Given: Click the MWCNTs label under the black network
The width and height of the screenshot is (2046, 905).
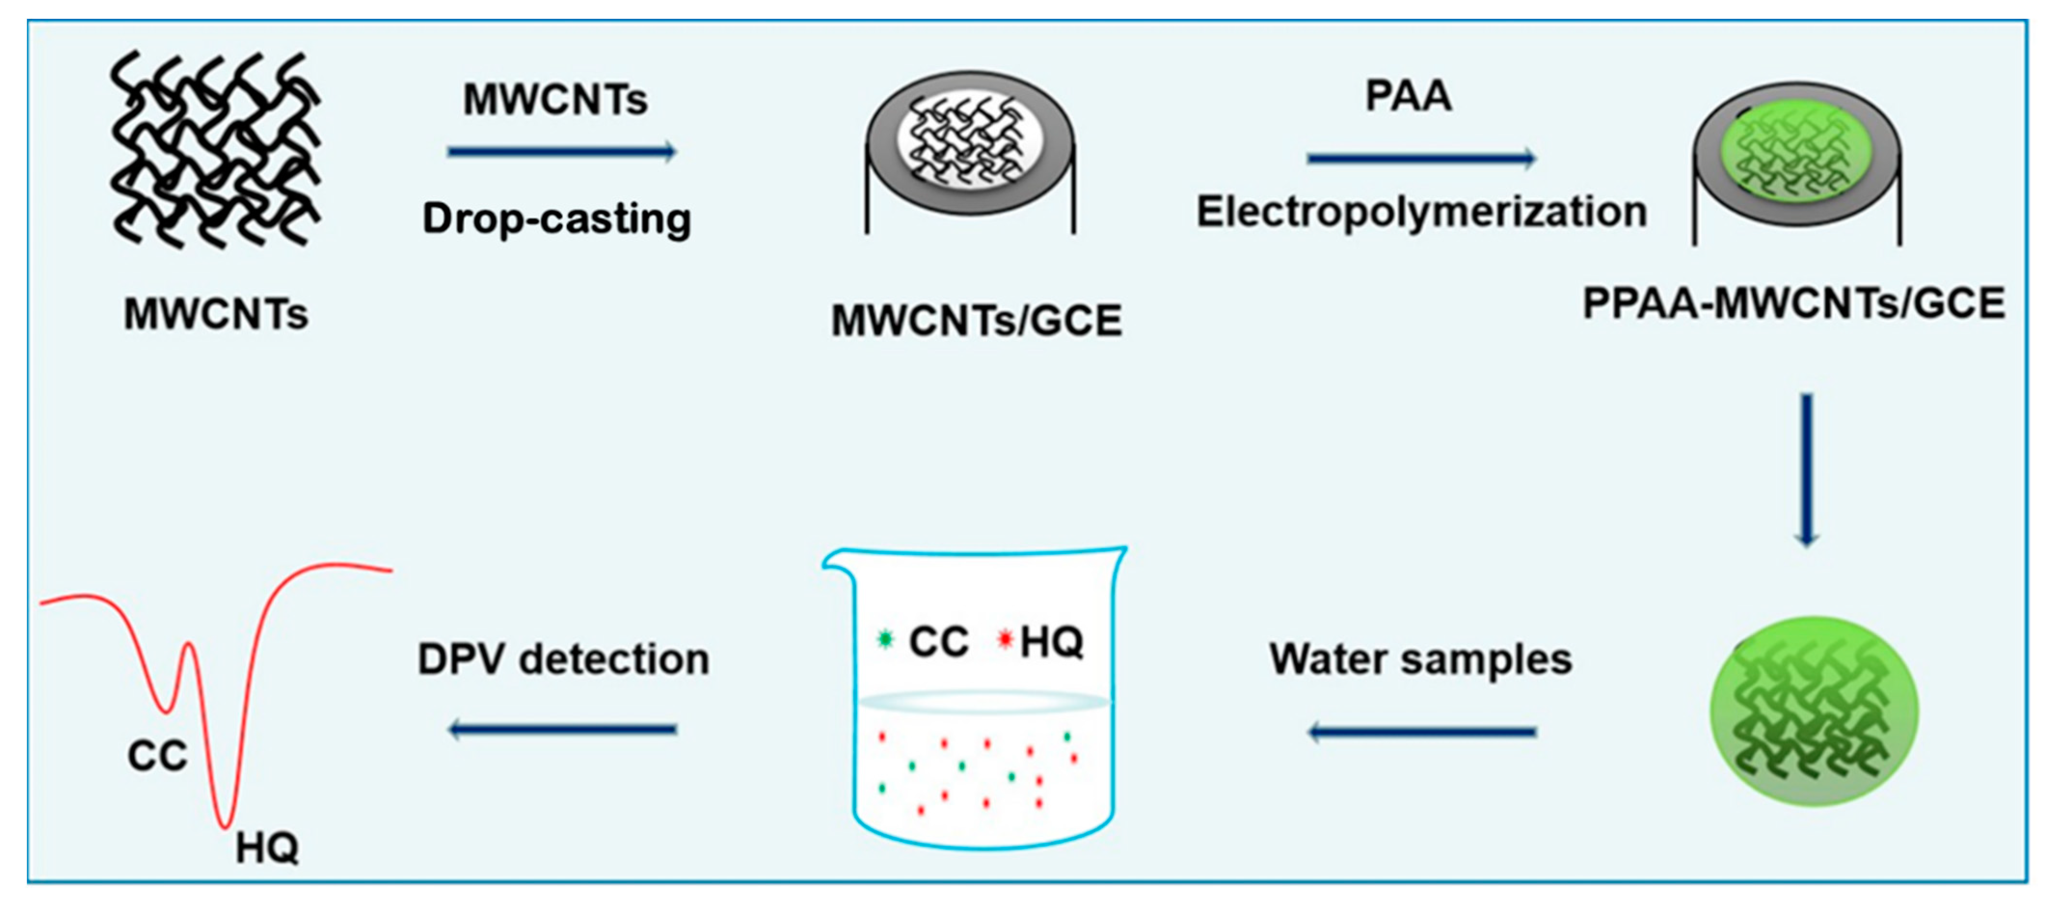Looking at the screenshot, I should click(x=216, y=314).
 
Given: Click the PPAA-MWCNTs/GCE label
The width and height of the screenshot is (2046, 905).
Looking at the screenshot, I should click(x=1793, y=304).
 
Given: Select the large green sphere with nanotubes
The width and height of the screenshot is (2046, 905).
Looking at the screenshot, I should click(x=1814, y=711).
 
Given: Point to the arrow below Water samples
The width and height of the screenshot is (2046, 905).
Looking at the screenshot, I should click(x=1422, y=732).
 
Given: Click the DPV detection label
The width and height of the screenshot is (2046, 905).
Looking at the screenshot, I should click(x=563, y=660).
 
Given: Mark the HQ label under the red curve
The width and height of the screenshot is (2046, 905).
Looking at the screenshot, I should click(x=267, y=849).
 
